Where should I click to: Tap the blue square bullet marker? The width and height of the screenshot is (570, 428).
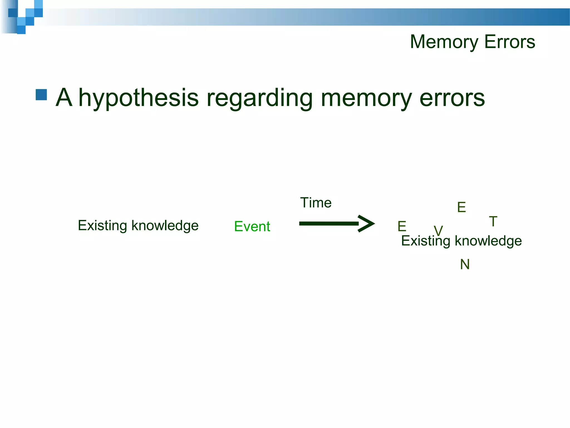pos(41,95)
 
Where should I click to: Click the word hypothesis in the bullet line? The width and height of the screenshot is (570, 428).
pos(139,98)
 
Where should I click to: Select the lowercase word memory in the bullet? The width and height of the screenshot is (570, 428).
pos(366,98)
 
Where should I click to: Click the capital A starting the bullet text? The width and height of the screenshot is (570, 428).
pos(64,98)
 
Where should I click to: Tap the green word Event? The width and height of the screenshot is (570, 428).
pos(252,226)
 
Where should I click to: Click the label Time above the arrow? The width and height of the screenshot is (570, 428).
pos(316,203)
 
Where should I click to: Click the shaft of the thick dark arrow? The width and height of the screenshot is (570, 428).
pos(328,223)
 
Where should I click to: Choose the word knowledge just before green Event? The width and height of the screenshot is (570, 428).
pos(165,225)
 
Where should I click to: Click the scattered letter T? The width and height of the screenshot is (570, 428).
pos(493,222)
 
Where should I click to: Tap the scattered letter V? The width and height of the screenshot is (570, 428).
pos(438,230)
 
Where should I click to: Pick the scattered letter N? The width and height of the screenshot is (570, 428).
pos(465,264)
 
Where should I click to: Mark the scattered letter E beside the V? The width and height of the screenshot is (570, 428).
pos(402,226)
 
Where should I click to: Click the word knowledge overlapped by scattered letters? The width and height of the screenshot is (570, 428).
pos(488,241)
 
